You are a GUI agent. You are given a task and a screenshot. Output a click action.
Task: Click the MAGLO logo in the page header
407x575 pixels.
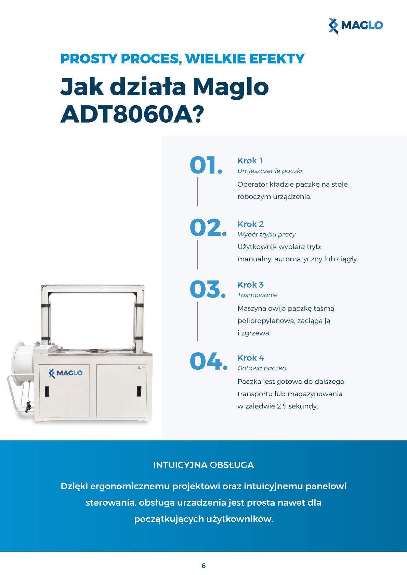point(356,26)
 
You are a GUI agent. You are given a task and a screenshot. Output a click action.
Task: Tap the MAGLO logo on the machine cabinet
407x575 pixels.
point(66,373)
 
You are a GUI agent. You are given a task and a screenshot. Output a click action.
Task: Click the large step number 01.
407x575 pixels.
point(206,165)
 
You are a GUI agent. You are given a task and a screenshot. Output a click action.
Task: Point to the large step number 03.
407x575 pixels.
point(208,289)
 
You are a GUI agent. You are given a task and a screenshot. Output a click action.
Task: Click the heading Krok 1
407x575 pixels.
point(250,161)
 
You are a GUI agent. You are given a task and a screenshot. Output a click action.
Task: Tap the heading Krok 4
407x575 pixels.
point(250,358)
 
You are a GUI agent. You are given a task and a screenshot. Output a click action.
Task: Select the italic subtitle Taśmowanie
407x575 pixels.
point(258,295)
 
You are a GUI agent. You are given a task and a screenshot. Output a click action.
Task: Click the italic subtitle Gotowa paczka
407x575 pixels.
point(262,368)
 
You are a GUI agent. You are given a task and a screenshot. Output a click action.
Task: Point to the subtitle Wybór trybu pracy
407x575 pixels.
point(266,235)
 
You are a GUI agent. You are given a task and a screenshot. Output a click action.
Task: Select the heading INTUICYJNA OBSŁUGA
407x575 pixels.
point(203,465)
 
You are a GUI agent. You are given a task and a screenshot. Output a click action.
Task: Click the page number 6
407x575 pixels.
point(203,566)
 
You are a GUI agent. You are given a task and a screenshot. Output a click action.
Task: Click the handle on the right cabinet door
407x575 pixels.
point(139,391)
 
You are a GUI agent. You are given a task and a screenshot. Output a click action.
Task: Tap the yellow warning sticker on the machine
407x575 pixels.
point(139,367)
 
